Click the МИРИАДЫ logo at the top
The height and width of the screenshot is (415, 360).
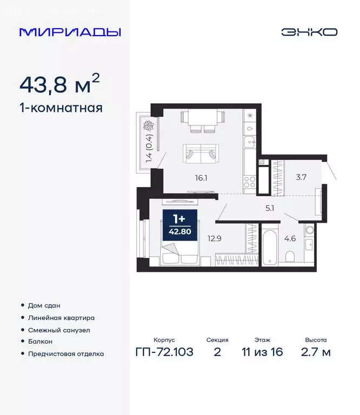tap(70, 32)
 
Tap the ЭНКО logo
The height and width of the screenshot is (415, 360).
tap(309, 32)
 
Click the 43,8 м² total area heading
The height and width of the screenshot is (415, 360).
tap(59, 84)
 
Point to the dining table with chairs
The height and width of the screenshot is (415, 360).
tap(201, 120)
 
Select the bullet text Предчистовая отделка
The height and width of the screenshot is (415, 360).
tap(65, 354)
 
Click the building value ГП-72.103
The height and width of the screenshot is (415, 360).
tap(164, 353)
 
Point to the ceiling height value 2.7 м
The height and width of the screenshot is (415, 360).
tap(316, 353)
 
